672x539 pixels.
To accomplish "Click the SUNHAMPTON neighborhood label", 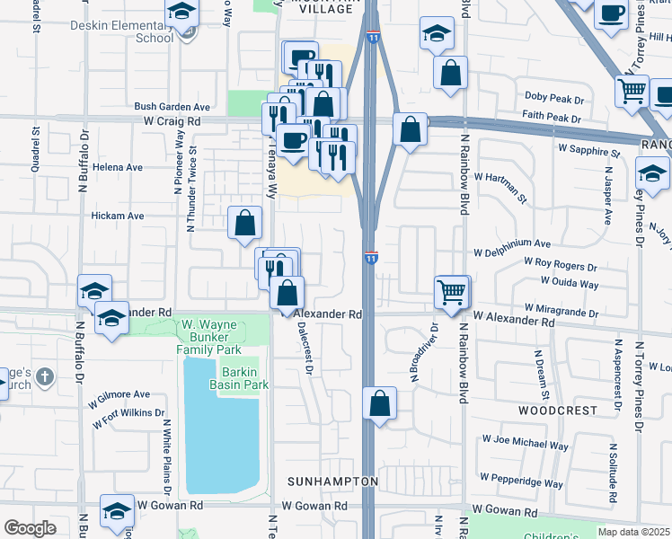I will tap(332, 482).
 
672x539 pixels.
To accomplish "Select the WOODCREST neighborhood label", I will tap(558, 410).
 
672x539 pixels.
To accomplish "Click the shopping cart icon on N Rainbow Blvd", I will tap(452, 290).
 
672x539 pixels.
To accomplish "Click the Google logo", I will tap(30, 528).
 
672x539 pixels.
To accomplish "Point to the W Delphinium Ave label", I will tap(512, 243).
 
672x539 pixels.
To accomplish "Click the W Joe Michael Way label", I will tap(526, 445).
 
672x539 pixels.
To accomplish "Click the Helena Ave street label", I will tap(111, 167).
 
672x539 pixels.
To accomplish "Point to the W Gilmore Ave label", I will tap(119, 394).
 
